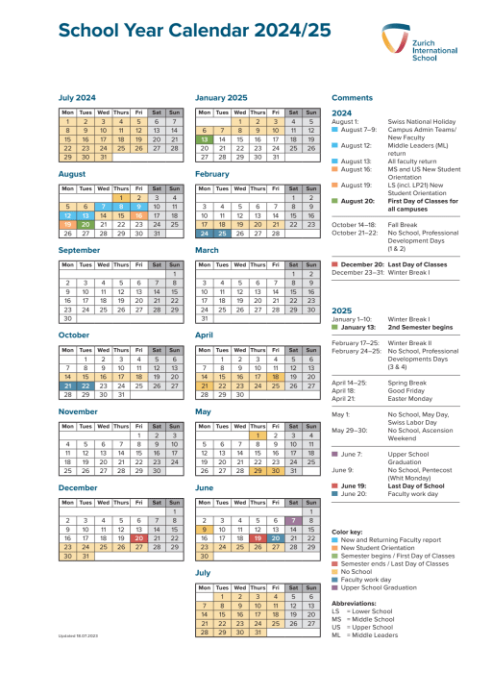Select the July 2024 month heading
pyautogui.click(x=78, y=97)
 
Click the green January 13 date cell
pyautogui.click(x=205, y=139)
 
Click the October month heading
pyautogui.click(x=74, y=335)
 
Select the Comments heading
pyautogui.click(x=351, y=97)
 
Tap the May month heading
pyautogui.click(x=203, y=410)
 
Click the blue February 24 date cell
pyautogui.click(x=205, y=233)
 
